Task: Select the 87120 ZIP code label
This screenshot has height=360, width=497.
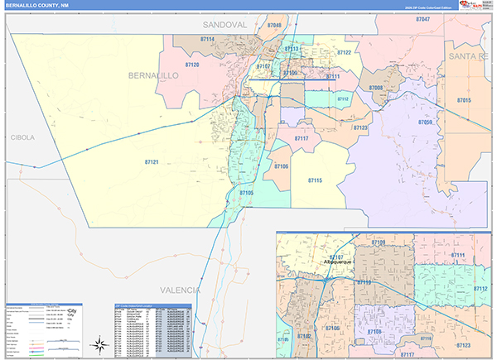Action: point(192,64)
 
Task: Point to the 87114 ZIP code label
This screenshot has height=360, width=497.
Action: point(207,39)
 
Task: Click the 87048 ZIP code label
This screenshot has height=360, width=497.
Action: point(274,26)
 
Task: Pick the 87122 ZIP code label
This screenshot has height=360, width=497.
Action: point(344,52)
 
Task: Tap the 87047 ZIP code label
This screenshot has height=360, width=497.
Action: point(422,18)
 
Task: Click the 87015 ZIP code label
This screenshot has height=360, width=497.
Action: point(464,100)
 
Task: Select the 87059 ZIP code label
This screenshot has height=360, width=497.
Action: point(426,122)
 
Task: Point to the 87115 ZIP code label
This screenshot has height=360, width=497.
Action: point(315,180)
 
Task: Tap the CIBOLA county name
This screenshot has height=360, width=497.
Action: point(22,137)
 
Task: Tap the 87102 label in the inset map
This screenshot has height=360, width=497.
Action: point(302,336)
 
